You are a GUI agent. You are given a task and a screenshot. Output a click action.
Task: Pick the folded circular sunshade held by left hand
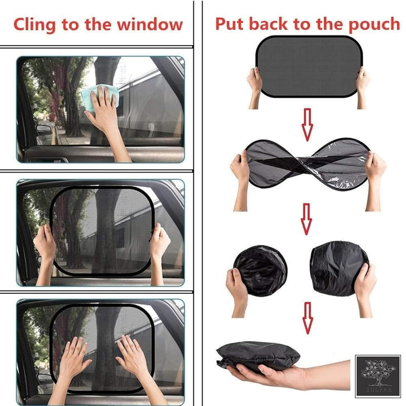tap(259, 269)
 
